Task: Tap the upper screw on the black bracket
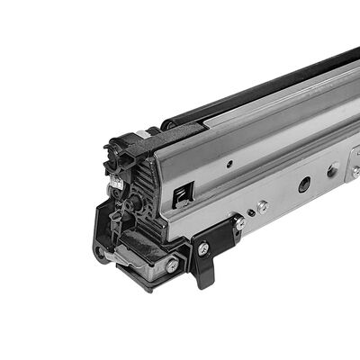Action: point(239,222)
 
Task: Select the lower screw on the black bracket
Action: point(204,248)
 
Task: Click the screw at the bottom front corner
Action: point(170,265)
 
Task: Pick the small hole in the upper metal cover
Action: point(229,164)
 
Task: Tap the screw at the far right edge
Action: point(356,169)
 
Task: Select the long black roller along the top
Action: point(261,85)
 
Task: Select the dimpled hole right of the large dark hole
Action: point(333,168)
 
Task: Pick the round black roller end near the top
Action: point(167,123)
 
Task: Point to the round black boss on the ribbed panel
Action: point(133,205)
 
